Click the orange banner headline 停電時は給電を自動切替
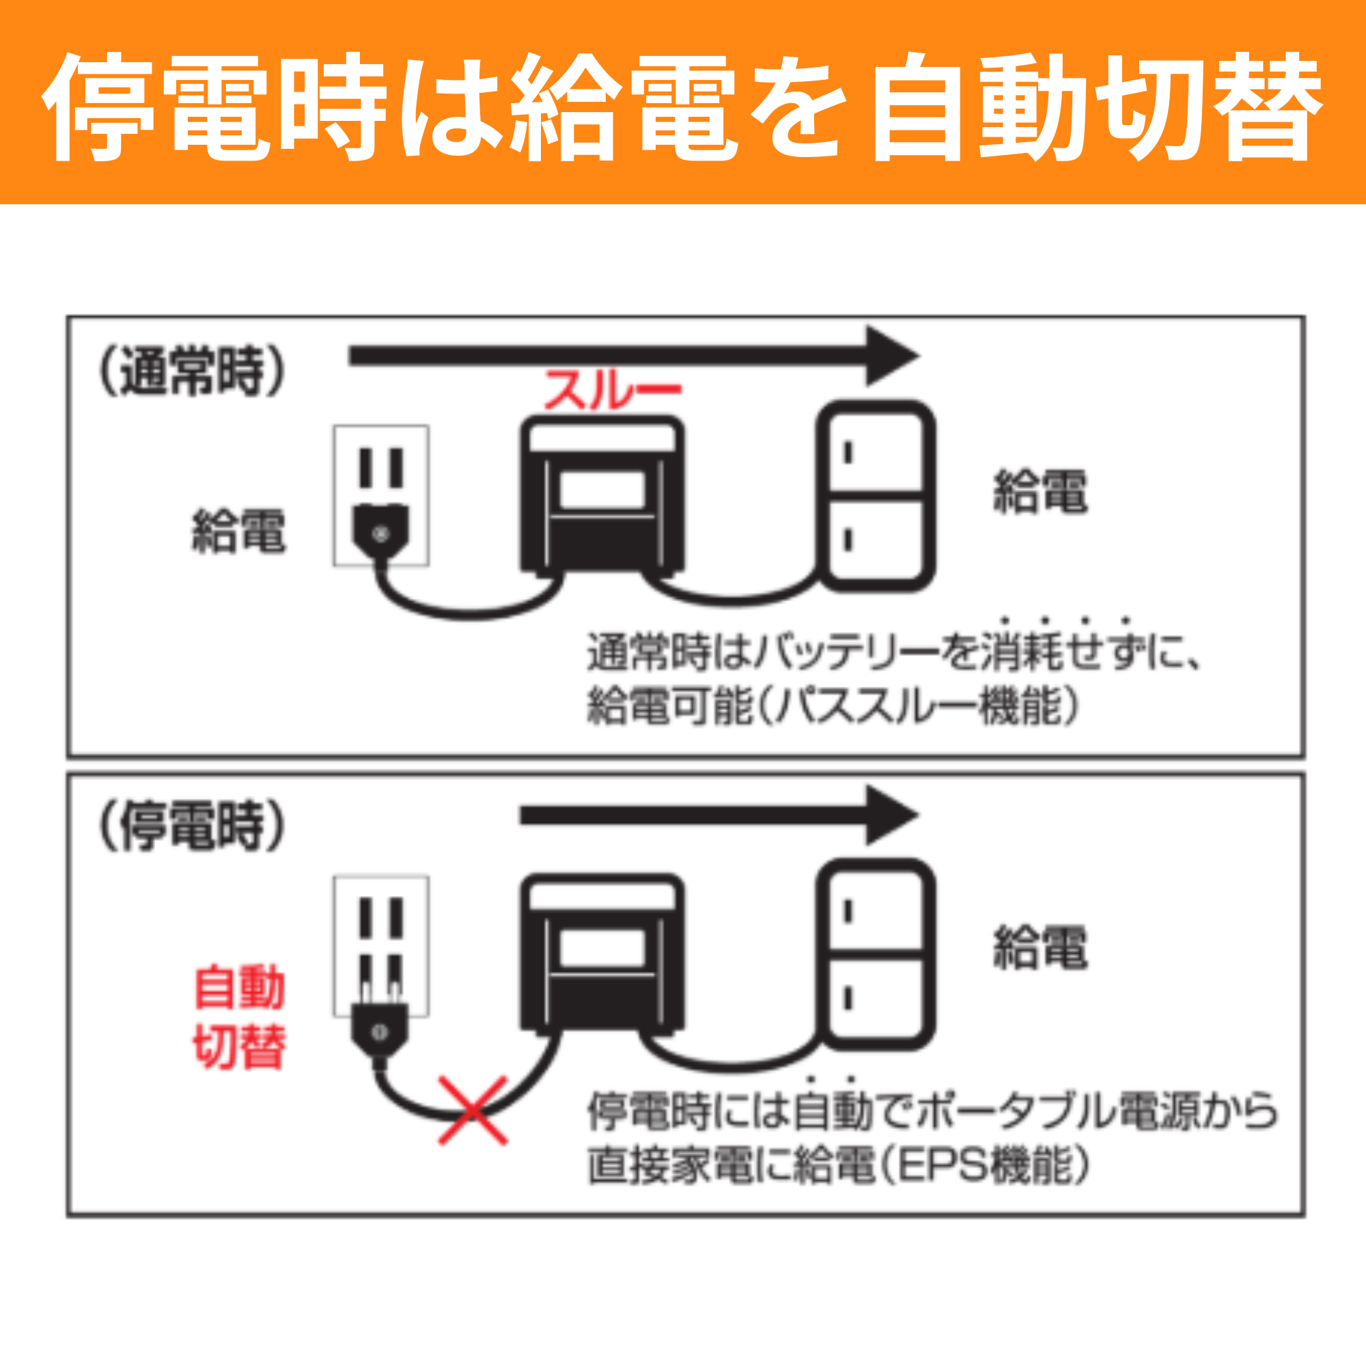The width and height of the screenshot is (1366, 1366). [683, 106]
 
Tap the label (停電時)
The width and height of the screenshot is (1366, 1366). [192, 826]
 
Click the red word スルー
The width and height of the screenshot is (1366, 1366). [611, 389]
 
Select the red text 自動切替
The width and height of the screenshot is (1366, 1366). [239, 1017]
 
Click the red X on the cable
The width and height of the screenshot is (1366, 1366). [473, 1111]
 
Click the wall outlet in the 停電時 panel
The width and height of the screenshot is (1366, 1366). [381, 919]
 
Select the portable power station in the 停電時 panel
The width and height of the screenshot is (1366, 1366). [602, 955]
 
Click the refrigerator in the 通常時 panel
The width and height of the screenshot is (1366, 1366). [876, 497]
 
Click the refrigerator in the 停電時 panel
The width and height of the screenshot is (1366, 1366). [876, 955]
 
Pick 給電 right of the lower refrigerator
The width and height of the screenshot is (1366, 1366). [1040, 948]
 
